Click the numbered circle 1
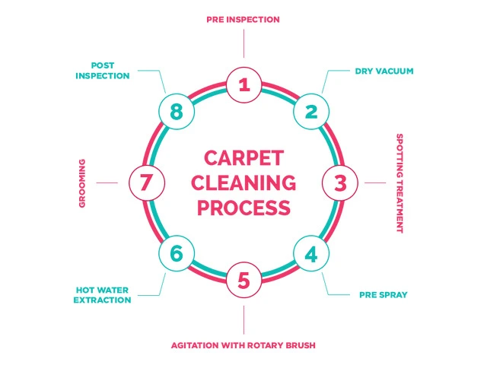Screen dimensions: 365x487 pyautogui.click(x=243, y=84)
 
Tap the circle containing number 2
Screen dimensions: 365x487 pyautogui.click(x=310, y=112)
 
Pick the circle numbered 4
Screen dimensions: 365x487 pyautogui.click(x=310, y=253)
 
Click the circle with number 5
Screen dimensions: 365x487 pyautogui.click(x=243, y=281)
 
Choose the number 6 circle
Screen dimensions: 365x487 pyautogui.click(x=177, y=253)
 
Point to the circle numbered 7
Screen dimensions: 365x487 pyautogui.click(x=147, y=182)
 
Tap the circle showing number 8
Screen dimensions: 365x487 pyautogui.click(x=177, y=112)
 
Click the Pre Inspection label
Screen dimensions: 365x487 pyautogui.click(x=243, y=19)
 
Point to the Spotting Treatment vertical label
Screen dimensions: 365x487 pyautogui.click(x=399, y=183)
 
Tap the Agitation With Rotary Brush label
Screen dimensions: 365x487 pyautogui.click(x=243, y=345)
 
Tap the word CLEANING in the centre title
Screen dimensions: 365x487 pyautogui.click(x=243, y=183)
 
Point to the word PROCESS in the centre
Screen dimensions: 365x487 pyautogui.click(x=243, y=207)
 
